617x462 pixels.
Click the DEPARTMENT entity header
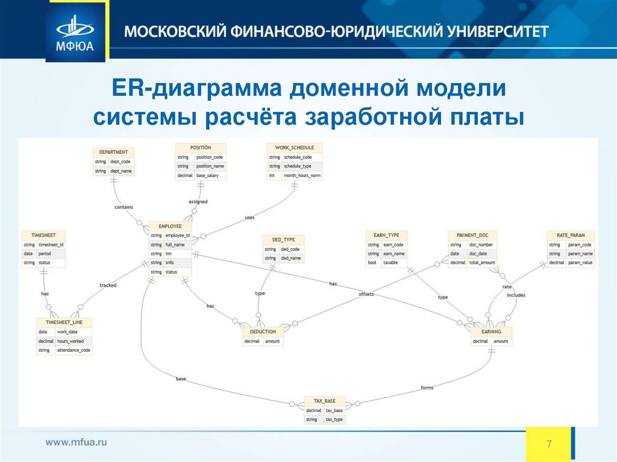pyautogui.click(x=113, y=152)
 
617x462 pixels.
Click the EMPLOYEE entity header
pyautogui.click(x=170, y=226)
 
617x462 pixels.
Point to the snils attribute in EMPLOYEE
pyautogui.click(x=171, y=263)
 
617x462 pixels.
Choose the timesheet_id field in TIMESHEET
pyautogui.click(x=51, y=245)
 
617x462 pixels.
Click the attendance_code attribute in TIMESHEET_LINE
pyautogui.click(x=73, y=350)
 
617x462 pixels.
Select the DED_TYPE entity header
pyautogui.click(x=283, y=240)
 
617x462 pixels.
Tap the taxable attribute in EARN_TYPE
pyautogui.click(x=390, y=263)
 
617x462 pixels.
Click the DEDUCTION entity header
pyautogui.click(x=263, y=331)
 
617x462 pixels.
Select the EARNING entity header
pyautogui.click(x=491, y=331)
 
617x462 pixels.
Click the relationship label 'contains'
pyautogui.click(x=124, y=207)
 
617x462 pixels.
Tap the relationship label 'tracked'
pyautogui.click(x=108, y=285)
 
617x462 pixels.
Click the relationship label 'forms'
pyautogui.click(x=427, y=387)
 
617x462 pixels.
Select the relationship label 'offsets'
pyautogui.click(x=366, y=294)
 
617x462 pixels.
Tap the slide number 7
pyautogui.click(x=550, y=445)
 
